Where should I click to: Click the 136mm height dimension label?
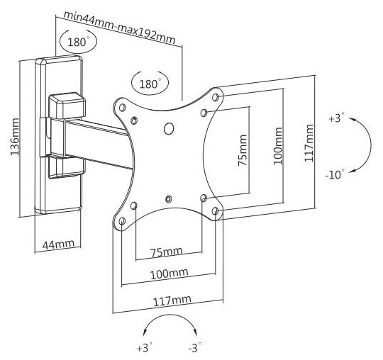pos(14,137)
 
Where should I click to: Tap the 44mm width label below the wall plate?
pos(58,244)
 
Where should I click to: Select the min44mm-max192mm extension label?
pos(119,28)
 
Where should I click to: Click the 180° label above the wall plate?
pos(78,42)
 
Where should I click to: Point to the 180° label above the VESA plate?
pos(150,84)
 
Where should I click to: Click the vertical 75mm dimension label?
pos(243,150)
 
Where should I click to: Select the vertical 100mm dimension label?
pos(278,146)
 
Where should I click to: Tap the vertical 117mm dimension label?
pos(309,142)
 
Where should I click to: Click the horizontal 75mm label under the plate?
pos(166,252)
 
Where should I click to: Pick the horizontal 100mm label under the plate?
pos(169,274)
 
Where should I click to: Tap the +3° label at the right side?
pos(336,118)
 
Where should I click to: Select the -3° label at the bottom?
pos(195,347)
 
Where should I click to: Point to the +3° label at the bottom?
pos(145,347)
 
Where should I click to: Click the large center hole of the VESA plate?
pos(169,128)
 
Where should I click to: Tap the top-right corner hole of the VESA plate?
pos(215,97)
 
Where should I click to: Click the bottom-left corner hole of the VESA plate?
pos(123,221)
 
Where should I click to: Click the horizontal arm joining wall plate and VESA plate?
pos(98,142)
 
